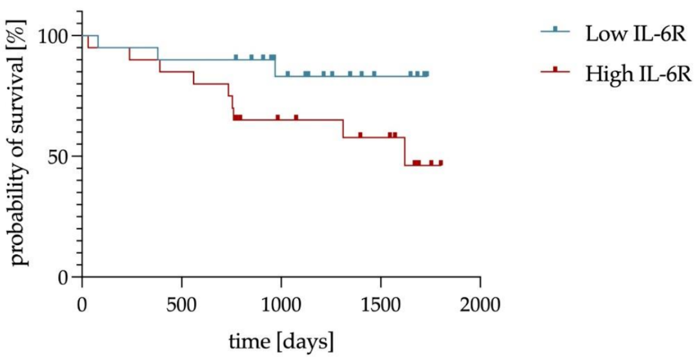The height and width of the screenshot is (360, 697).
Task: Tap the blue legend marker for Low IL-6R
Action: [555, 30]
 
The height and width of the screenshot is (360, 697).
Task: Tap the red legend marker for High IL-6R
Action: [555, 70]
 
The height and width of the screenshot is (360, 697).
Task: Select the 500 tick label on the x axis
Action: [182, 303]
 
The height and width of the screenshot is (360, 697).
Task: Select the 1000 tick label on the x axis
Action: [281, 303]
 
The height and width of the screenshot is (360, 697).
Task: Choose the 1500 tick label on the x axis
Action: [381, 303]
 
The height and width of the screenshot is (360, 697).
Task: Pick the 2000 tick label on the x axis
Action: [480, 303]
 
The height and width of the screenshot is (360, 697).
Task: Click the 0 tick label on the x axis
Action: [83, 303]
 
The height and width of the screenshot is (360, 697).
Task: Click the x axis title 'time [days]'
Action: [281, 339]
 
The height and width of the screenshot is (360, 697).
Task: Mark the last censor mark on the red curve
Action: [441, 163]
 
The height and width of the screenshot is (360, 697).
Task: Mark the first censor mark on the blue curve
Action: [236, 57]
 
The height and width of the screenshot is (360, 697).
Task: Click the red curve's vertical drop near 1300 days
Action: [343, 128]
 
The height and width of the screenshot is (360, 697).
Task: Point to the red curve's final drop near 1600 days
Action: [405, 151]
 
